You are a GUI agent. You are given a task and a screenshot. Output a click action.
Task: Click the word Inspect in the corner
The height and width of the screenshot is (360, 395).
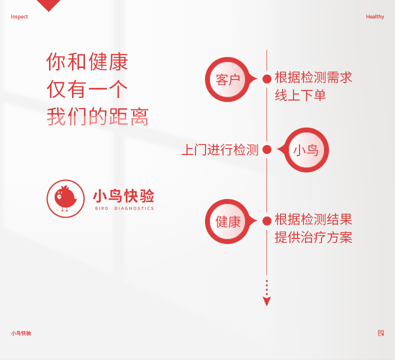tap(19, 17)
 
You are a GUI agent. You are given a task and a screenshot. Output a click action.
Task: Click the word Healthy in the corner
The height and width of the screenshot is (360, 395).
tap(375, 17)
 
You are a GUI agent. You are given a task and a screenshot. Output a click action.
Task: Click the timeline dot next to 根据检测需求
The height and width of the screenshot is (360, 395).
tap(267, 79)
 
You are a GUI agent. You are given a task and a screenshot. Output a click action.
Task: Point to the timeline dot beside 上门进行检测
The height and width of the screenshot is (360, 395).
tap(267, 149)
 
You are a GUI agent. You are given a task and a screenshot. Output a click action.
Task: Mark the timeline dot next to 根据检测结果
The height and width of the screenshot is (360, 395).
tap(267, 221)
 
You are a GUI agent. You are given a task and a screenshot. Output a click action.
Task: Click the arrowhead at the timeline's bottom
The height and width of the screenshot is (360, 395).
tap(267, 301)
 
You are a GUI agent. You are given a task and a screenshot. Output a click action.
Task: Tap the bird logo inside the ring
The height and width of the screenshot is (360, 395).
tap(65, 198)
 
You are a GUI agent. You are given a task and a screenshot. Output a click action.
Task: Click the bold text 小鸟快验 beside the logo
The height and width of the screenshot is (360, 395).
tap(123, 196)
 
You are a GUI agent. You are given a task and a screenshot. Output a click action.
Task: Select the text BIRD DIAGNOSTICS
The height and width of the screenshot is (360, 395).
tap(124, 208)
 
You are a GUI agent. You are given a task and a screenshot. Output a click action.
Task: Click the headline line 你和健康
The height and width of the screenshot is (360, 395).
tap(87, 61)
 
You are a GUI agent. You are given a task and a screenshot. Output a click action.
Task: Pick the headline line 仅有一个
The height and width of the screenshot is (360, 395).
tap(87, 89)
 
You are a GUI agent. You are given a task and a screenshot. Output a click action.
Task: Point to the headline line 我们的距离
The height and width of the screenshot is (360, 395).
tap(97, 116)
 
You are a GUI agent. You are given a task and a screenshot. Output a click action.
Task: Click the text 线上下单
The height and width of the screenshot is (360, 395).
tap(300, 95)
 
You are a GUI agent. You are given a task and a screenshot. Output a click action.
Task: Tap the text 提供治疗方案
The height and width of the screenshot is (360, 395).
tap(313, 237)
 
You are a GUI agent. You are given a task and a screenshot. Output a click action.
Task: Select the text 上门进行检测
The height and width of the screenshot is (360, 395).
tap(220, 150)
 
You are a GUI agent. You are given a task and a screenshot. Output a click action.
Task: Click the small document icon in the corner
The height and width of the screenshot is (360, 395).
tap(381, 333)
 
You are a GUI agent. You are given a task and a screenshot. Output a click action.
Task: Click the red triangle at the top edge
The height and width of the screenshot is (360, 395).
tap(48, 4)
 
